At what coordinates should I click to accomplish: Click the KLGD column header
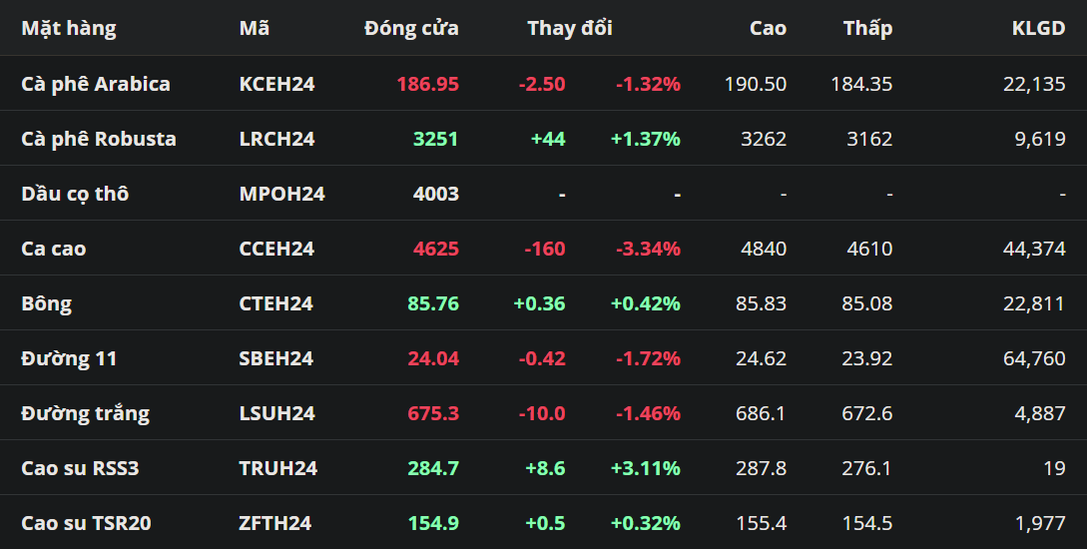coord(1038,28)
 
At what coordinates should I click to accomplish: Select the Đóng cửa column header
coord(412,28)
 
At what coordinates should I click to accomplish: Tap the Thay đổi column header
coord(570,28)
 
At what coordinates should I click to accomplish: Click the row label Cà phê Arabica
coord(96,84)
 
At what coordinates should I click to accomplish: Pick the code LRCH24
coord(276,139)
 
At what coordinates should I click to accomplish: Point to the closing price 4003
coord(436,194)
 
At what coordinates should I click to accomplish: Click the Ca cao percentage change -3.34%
coord(648,249)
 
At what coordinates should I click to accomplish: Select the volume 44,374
coord(1034,249)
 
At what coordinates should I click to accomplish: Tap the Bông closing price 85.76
coord(433,303)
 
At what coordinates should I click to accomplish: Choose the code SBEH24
coord(275,358)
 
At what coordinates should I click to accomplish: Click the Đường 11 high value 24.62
coord(762,358)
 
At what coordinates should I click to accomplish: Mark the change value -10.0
coord(542,413)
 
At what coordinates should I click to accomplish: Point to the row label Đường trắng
coord(85,414)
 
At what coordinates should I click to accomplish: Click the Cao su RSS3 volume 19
coord(1054,468)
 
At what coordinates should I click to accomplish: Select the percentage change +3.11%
coord(646,468)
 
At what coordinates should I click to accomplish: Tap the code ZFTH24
coord(275,523)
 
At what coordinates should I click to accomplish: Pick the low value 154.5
coord(867,523)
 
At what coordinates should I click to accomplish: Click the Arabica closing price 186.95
coord(428,84)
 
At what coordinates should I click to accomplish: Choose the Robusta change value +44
coord(548,139)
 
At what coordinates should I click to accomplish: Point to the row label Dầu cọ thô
coord(75,194)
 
